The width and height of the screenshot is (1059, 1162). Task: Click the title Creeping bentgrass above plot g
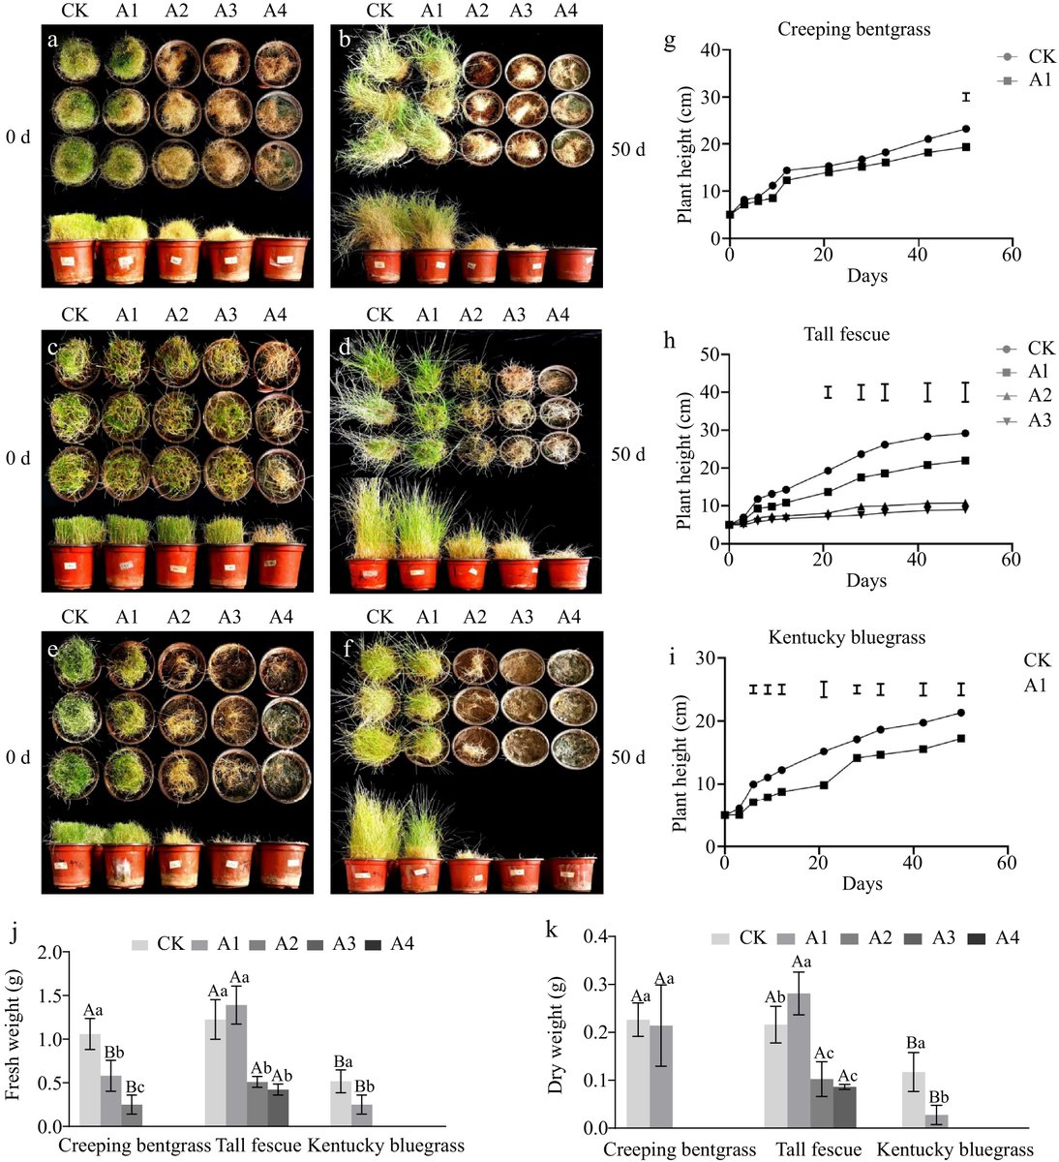coord(854,29)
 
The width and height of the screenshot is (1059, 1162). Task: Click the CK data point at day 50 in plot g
coord(965,129)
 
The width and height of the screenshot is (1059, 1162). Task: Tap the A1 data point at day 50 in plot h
coord(965,460)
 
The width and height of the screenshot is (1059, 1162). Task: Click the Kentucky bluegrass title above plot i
coord(847,637)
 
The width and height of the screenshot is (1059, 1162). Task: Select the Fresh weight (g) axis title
coord(13,1038)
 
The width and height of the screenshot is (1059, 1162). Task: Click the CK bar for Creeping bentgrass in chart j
coord(89,1080)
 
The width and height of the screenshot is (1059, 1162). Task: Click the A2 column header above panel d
coord(469,315)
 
